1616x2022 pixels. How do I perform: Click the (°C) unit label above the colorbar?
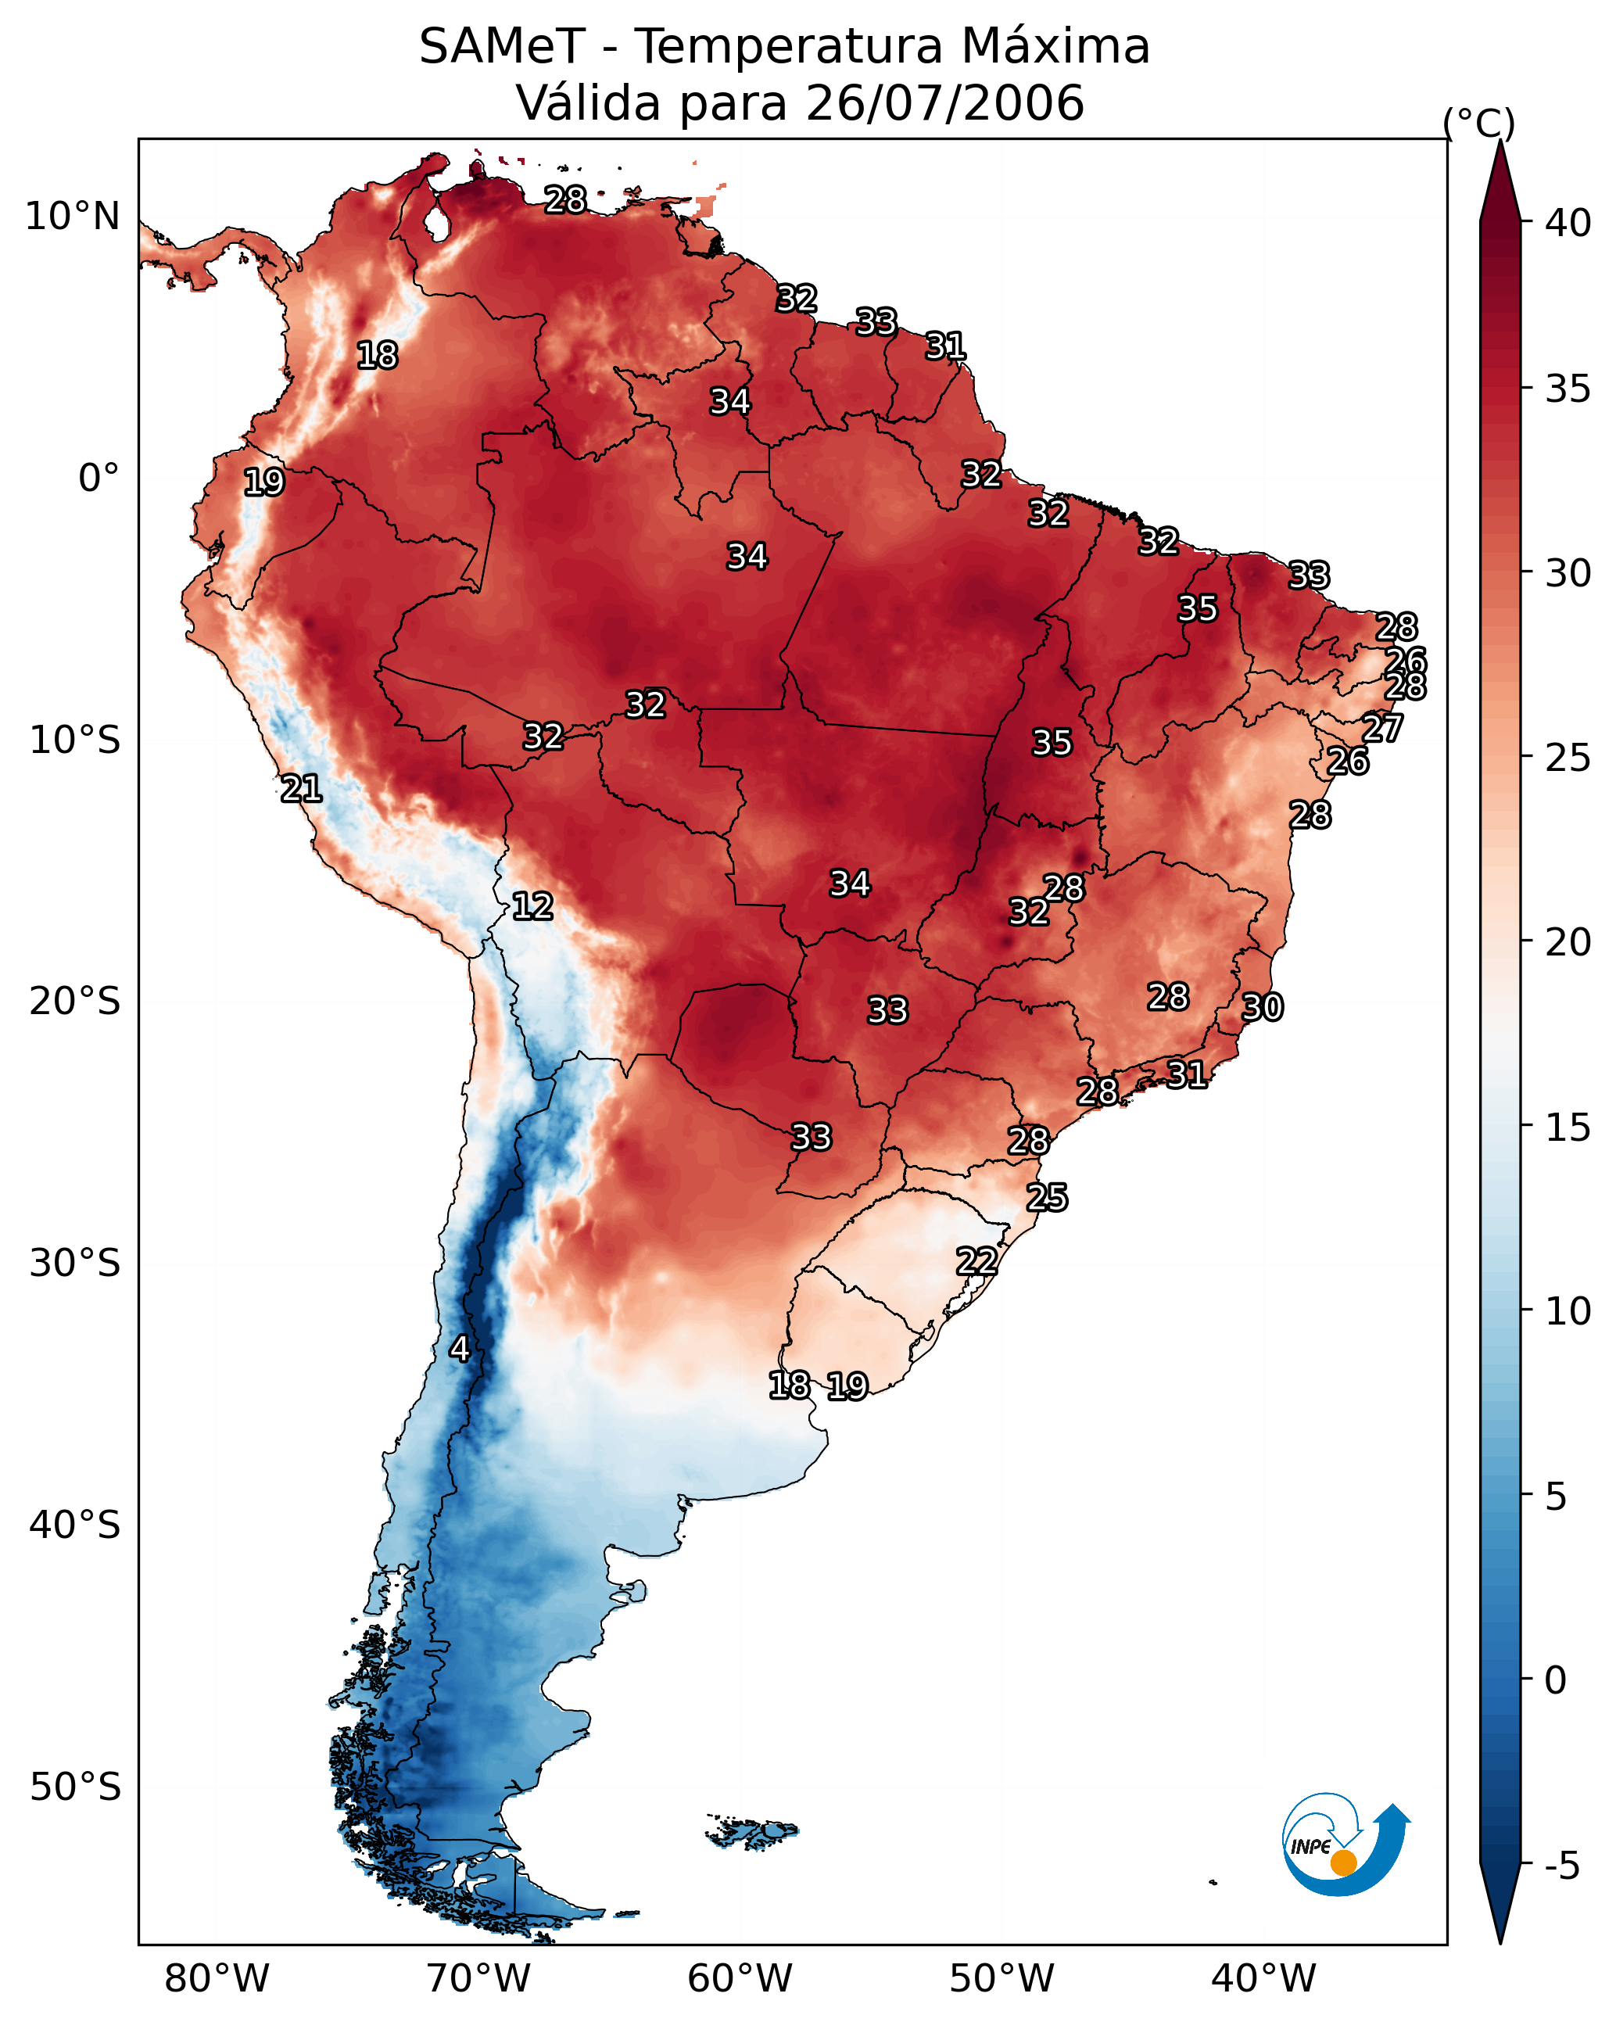coord(1478,123)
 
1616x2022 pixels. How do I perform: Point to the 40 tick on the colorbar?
coord(1568,223)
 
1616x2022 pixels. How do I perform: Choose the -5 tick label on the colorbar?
coord(1561,1866)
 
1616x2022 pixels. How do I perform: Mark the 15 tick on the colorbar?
coord(1568,1128)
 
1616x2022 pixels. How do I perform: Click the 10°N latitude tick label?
coord(72,217)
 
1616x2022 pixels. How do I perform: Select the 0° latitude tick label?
coord(99,479)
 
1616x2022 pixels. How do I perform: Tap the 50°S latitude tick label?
coord(75,1787)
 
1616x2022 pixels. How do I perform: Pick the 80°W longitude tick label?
coord(217,1978)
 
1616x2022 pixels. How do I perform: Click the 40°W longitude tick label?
coord(1263,1978)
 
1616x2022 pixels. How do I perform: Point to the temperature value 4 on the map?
coord(460,1349)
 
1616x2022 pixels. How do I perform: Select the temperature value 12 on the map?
coord(532,906)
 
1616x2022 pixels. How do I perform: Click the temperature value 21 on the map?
coord(302,789)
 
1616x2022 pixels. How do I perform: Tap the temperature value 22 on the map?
coord(976,1261)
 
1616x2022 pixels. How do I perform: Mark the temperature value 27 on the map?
coord(1382,728)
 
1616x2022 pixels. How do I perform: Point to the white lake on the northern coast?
coord(436,223)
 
